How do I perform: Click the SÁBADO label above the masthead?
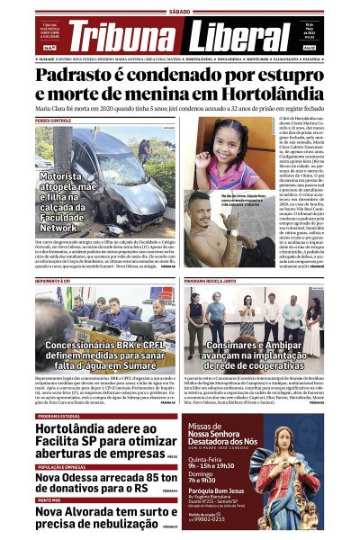click(180, 12)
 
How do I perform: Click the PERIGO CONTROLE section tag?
click(53, 120)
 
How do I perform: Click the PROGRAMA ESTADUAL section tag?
click(59, 416)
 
